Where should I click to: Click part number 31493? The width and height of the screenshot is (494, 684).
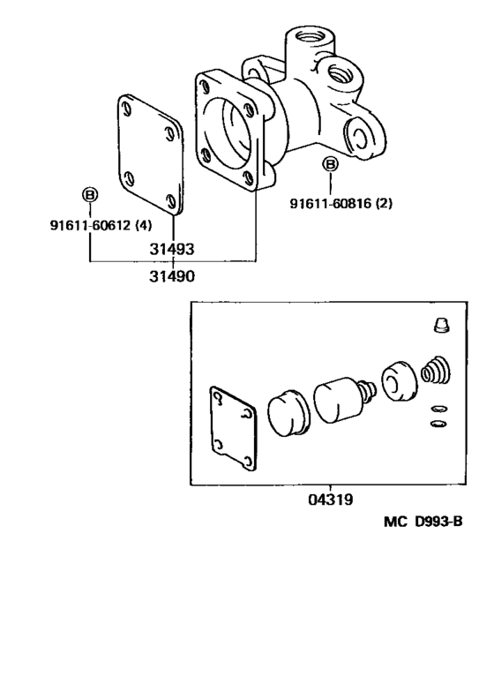(172, 249)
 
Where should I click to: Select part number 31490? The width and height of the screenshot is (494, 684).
(172, 276)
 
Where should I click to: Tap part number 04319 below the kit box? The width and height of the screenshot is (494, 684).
(331, 500)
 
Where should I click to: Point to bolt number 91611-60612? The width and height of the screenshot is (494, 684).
(79, 225)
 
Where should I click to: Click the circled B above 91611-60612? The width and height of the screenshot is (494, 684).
(90, 195)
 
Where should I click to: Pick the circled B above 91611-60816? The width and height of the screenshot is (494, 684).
(330, 164)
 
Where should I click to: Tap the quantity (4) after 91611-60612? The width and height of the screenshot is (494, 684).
(143, 225)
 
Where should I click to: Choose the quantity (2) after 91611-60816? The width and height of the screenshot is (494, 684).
(384, 204)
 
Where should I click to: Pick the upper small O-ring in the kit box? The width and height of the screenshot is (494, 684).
(437, 409)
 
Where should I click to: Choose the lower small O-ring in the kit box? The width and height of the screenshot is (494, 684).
(436, 424)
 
